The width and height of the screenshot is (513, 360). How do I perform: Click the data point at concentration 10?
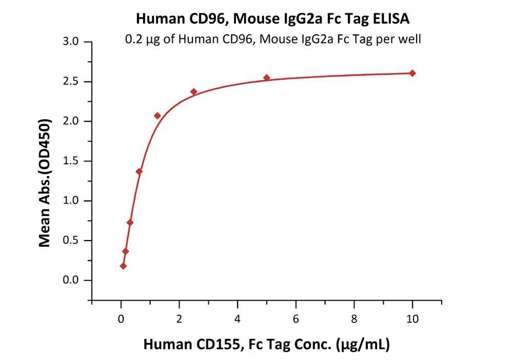(412, 73)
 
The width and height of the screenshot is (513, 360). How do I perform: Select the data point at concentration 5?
(267, 78)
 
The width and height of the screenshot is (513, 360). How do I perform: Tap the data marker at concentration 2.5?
(194, 92)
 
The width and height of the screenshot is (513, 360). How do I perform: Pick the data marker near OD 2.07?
(157, 116)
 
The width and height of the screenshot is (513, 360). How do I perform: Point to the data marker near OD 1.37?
(139, 171)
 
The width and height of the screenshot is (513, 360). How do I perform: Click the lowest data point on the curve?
(123, 266)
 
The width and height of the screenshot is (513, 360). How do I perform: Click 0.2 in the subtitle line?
(133, 39)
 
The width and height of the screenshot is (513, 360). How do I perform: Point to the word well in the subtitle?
(410, 39)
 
